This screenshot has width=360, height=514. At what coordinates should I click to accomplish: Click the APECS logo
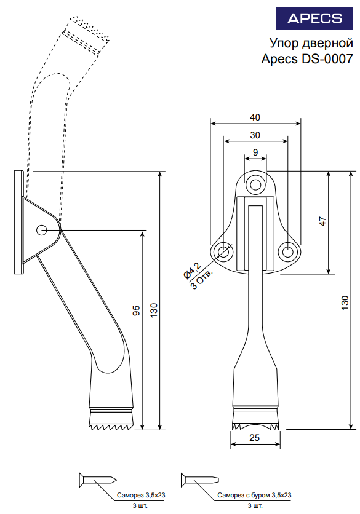[x=314, y=18]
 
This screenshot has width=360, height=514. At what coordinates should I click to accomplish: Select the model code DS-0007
[x=326, y=59]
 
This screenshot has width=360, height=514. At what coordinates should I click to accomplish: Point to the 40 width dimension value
[x=255, y=117]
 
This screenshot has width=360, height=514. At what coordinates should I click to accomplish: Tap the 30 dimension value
[x=255, y=135]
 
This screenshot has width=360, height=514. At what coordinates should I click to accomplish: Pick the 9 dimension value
[x=255, y=152]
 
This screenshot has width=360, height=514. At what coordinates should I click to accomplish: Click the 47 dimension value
[x=323, y=221]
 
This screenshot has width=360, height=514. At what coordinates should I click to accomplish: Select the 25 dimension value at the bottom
[x=255, y=438]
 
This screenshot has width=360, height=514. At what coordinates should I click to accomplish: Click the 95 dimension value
[x=136, y=310]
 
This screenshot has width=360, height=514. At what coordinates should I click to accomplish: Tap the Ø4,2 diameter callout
[x=192, y=271]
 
